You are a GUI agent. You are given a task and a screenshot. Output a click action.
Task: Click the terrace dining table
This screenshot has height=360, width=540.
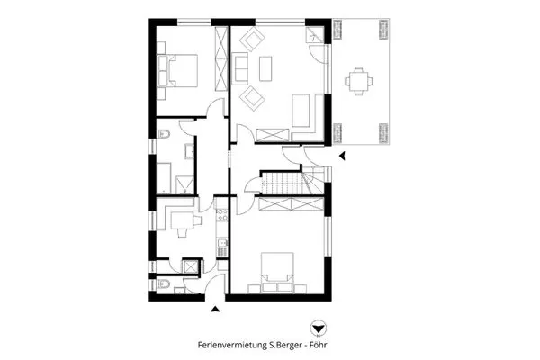359,81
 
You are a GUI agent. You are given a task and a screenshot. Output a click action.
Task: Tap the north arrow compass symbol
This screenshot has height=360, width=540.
318,328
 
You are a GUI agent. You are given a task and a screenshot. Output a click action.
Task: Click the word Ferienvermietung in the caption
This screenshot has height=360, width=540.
232,345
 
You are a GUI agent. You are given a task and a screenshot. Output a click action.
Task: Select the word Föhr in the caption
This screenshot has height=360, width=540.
319,345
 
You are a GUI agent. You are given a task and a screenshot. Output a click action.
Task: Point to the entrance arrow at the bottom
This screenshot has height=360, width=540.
216,309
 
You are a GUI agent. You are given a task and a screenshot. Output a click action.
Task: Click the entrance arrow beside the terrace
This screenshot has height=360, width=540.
342,156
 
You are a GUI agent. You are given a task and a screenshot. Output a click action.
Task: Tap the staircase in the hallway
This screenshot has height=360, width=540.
293,182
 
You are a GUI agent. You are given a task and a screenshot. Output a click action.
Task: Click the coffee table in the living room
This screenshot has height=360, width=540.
265,68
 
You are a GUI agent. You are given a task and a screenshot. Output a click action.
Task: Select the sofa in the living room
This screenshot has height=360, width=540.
240,68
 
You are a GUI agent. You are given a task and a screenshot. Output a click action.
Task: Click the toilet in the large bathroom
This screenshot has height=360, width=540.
164,134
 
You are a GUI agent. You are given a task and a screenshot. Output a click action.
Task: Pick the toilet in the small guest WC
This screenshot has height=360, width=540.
163,284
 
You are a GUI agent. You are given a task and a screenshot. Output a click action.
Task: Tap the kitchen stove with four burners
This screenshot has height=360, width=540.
221,214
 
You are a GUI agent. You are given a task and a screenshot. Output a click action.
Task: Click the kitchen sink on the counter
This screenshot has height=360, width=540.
222,244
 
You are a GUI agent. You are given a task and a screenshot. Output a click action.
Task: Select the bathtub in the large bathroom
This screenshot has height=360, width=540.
164,178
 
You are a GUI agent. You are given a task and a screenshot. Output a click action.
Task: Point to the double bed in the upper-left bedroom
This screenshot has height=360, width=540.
178,70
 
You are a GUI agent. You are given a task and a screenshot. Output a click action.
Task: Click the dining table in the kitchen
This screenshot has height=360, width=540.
182,220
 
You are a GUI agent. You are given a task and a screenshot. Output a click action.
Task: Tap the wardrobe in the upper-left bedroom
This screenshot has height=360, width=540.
221,59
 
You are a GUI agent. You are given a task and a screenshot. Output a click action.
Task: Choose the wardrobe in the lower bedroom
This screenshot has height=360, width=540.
291,203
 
